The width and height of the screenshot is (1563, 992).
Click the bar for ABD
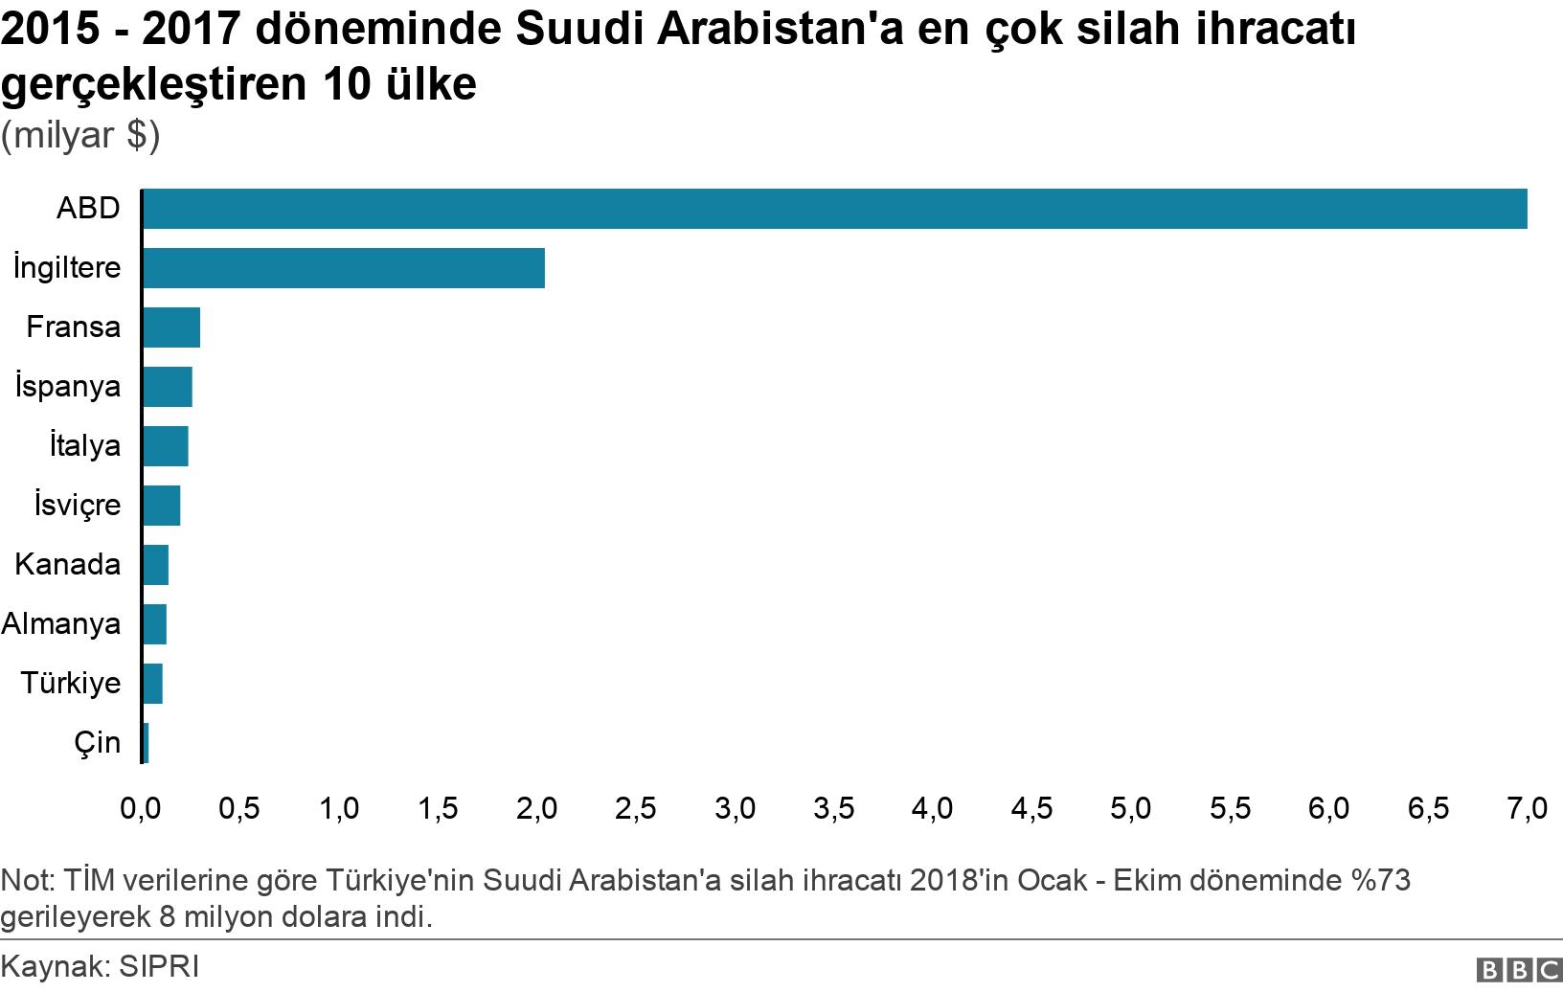point(833,209)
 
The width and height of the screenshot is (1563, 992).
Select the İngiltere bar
point(343,268)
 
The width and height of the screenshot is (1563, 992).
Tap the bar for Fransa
point(170,327)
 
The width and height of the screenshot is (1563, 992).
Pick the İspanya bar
point(167,387)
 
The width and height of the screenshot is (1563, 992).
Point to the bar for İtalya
point(165,446)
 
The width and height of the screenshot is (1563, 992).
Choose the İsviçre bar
point(161,506)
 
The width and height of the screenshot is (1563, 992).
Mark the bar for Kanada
point(155,565)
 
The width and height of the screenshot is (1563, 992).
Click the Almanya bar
point(154,624)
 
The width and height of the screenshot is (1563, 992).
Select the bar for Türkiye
point(152,684)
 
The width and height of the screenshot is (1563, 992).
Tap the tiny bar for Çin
point(146,743)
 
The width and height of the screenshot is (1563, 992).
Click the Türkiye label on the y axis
point(71,684)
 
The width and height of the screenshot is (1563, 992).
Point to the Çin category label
point(98,743)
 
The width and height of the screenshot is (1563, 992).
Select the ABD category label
point(88,209)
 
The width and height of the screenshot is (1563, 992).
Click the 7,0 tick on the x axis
point(1527,809)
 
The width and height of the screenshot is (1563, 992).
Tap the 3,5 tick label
point(833,809)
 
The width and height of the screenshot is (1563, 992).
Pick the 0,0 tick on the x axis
point(141,809)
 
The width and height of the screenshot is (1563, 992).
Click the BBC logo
point(1519,971)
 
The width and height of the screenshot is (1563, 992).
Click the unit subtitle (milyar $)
point(80,136)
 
